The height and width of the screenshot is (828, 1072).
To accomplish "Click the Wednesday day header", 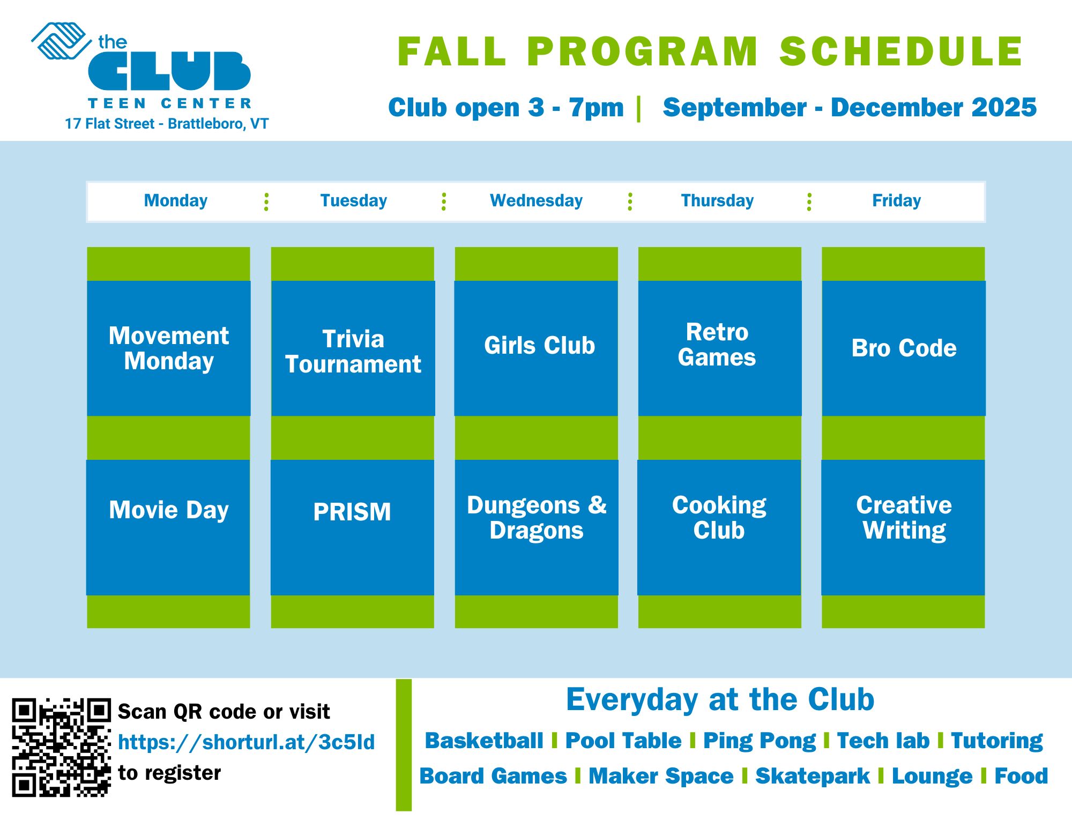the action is tap(536, 200).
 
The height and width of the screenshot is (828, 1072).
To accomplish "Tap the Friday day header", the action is tap(896, 200).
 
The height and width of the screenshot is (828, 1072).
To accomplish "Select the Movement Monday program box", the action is tap(169, 348).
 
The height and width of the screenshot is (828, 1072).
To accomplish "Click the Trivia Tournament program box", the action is tap(353, 348).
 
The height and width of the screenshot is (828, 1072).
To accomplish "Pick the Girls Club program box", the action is tap(536, 348).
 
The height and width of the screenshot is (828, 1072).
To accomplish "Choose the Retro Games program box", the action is tap(720, 348).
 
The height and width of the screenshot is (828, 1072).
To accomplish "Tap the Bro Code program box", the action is tap(904, 348).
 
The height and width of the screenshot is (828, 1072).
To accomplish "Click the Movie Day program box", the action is tap(168, 527).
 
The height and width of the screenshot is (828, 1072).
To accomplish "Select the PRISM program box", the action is tap(352, 527).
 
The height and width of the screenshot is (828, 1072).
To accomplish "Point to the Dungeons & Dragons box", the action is tap(537, 527).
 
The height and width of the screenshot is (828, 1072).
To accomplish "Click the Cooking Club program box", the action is tap(719, 527).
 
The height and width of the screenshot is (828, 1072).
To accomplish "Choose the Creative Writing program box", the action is tap(903, 527).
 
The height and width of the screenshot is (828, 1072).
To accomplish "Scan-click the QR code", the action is tap(61, 747).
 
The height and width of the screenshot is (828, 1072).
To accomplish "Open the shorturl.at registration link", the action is tap(246, 742).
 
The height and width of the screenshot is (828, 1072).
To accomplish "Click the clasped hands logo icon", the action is tap(61, 40).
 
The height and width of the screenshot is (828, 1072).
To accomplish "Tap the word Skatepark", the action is tap(813, 776).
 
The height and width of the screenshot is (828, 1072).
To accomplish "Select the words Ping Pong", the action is tap(759, 741).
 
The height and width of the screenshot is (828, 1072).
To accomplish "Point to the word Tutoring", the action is tap(997, 741).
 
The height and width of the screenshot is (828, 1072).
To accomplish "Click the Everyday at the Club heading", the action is tap(720, 699).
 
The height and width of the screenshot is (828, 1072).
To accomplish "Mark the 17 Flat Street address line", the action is tap(167, 124).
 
